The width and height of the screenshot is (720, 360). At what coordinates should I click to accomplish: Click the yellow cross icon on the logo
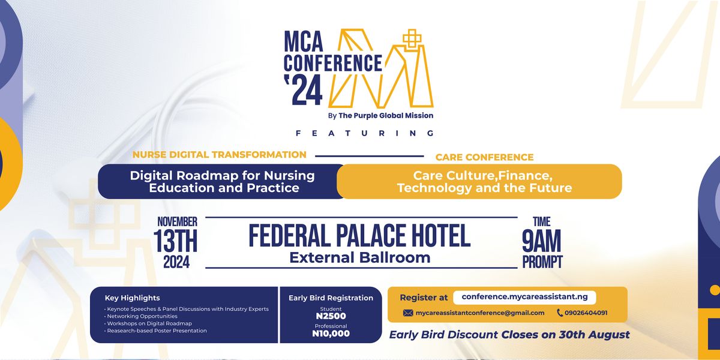412,40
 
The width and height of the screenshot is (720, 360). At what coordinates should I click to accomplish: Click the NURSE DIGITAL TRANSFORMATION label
220,155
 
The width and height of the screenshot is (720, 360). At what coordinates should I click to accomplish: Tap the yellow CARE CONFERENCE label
484,157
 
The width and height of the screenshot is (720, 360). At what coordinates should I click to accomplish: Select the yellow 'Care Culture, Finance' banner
484,181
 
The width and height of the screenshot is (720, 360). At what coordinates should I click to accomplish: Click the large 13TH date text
176,242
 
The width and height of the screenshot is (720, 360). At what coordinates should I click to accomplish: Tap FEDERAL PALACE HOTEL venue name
359,236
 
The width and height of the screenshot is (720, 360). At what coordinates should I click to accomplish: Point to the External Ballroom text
359,258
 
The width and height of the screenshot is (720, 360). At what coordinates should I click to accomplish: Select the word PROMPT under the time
542,262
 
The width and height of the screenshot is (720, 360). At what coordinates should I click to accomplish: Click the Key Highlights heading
132,298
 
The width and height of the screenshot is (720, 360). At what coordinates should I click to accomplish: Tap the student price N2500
331,316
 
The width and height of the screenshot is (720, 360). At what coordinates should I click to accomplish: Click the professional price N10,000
331,334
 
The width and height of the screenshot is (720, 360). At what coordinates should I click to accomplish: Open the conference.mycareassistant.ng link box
524,297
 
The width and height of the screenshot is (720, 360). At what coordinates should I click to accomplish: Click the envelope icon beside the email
408,313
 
